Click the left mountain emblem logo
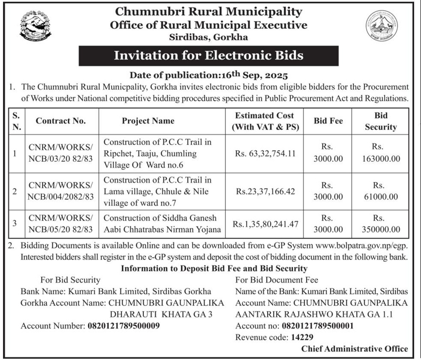[35, 26]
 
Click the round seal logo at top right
[381, 26]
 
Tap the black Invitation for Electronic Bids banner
[208, 55]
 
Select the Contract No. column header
[61, 121]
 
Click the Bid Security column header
[380, 121]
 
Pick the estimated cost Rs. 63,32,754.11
[265, 153]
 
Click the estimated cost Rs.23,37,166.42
[265, 191]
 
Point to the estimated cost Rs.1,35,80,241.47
[265, 224]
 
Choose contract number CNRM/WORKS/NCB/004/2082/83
[61, 191]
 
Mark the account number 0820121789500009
[124, 326]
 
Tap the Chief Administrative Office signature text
[355, 348]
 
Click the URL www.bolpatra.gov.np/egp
[359, 247]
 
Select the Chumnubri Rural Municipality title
[208, 12]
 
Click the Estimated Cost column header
[265, 121]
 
